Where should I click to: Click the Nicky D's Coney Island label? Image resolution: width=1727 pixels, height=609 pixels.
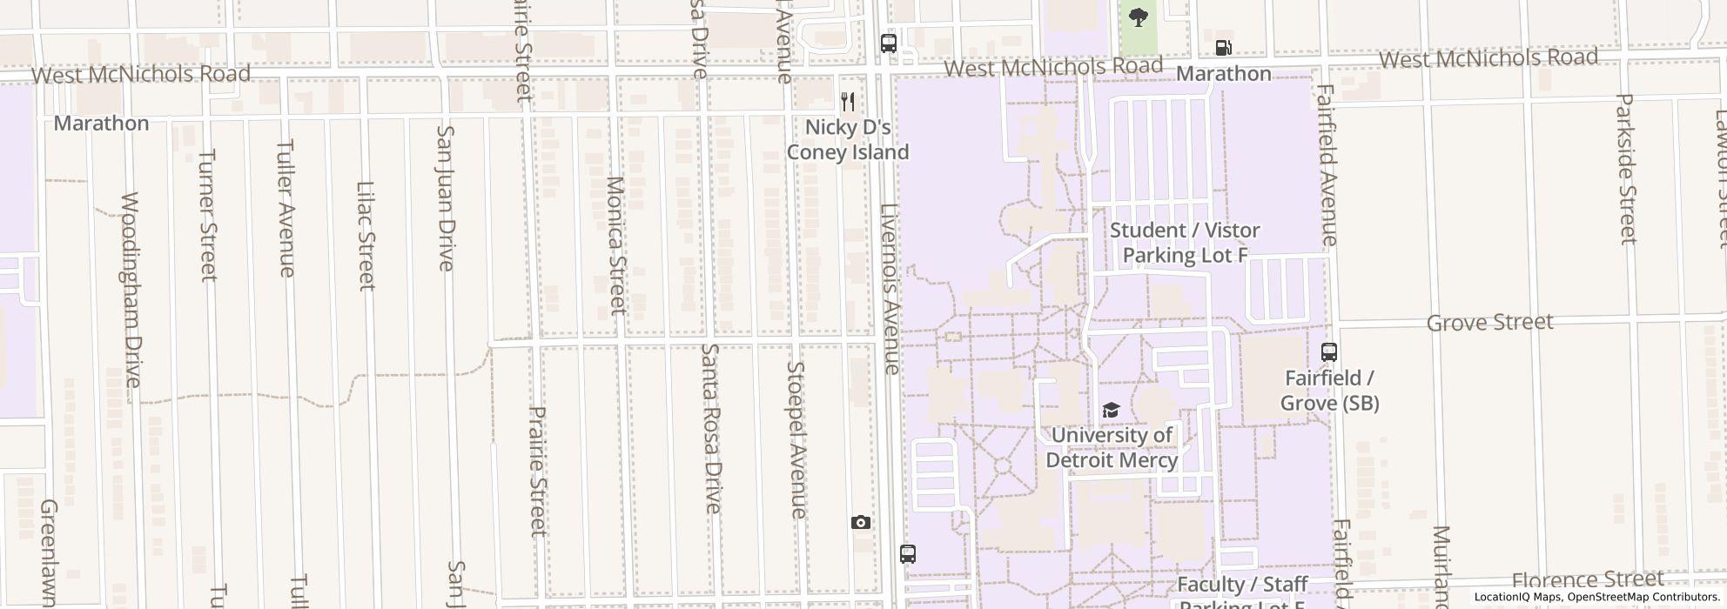tap(848, 139)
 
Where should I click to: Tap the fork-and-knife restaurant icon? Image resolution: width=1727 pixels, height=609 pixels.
tap(848, 102)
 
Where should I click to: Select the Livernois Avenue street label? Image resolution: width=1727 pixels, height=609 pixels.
tap(890, 289)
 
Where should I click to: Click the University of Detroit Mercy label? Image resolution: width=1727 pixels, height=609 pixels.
tap(1112, 447)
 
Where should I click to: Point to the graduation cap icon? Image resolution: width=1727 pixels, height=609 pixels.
tap(1111, 410)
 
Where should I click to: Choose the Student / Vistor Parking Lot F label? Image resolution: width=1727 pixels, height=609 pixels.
tap(1185, 243)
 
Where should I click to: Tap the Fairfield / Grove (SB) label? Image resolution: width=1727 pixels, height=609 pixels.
tap(1329, 391)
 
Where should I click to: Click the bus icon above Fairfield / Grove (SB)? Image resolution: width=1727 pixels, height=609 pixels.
tap(1329, 352)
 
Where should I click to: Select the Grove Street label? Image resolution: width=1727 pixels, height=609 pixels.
tap(1489, 323)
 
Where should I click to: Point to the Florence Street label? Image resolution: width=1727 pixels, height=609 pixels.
tap(1588, 580)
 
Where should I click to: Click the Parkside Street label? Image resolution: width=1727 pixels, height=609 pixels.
tap(1626, 169)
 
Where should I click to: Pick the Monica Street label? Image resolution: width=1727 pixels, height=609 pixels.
tap(616, 245)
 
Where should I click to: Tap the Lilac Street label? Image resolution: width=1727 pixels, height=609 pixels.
tap(366, 235)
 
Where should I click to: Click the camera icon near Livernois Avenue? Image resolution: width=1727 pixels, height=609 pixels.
tap(861, 522)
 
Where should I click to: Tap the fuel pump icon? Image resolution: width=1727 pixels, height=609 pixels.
tap(1224, 48)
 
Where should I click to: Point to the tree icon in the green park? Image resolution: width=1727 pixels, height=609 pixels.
tap(1138, 17)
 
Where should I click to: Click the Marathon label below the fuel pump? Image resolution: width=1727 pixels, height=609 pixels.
tap(1224, 74)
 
